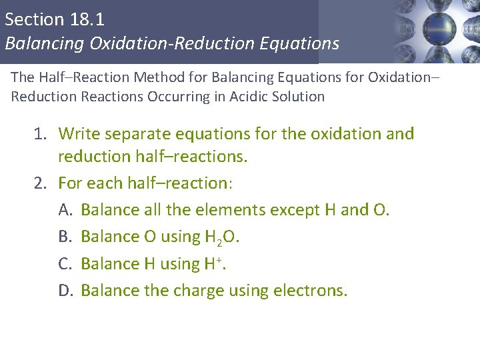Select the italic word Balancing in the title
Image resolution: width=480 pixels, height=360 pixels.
pyautogui.click(x=45, y=44)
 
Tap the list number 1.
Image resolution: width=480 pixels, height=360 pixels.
pyautogui.click(x=40, y=134)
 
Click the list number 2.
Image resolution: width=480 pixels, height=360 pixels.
pyautogui.click(x=40, y=183)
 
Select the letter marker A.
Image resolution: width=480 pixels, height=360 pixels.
pyautogui.click(x=65, y=210)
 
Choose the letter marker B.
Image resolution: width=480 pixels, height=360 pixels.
pyautogui.click(x=65, y=237)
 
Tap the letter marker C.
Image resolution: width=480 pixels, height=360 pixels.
pyautogui.click(x=65, y=264)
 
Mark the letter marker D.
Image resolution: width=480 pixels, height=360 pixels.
pyautogui.click(x=65, y=291)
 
